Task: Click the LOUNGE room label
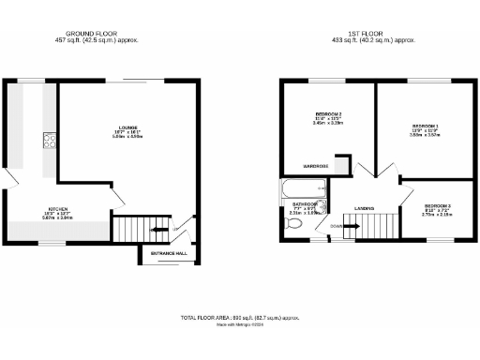coord(128,127)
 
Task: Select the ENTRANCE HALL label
coord(168,253)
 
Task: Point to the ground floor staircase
coord(145,229)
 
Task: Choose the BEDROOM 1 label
coord(424,126)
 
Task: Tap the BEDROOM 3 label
coord(438,204)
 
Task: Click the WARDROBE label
coord(314,166)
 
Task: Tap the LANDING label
coord(365,208)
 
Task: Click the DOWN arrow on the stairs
coord(336,225)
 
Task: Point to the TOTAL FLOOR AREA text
coord(239,319)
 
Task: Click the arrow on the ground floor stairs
coord(174,228)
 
